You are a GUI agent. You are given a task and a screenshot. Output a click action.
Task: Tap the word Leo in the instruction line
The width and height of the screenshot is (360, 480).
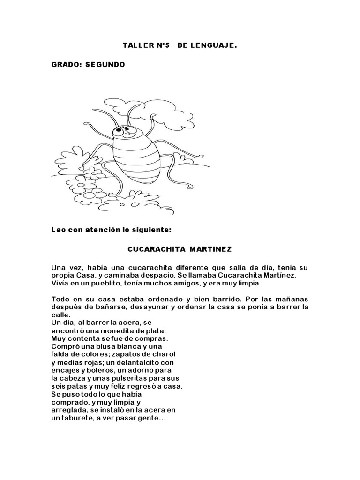coord(58,230)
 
